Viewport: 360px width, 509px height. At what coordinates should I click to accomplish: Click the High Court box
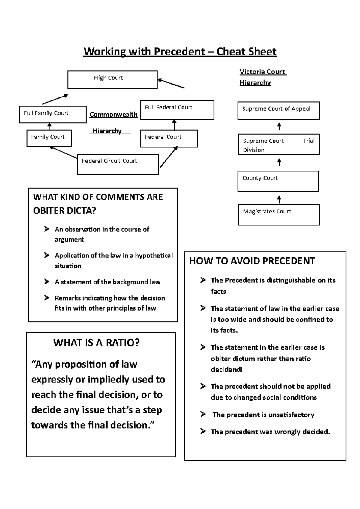(x=112, y=80)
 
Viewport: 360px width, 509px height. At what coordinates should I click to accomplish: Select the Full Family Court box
(x=53, y=114)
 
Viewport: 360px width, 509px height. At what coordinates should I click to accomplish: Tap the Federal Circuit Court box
(x=118, y=165)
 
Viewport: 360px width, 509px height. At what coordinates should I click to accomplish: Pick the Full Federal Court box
(x=177, y=110)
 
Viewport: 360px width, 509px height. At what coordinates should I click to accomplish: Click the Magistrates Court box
(x=279, y=215)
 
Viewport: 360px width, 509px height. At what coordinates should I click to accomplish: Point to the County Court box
(x=278, y=181)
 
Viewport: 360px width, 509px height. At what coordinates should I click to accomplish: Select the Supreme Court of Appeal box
(x=278, y=111)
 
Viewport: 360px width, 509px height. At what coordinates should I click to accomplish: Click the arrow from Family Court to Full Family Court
(x=50, y=126)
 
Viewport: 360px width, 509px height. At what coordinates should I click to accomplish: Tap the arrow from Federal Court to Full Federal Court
(x=174, y=125)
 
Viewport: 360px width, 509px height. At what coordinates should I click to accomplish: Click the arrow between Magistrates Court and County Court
(x=279, y=199)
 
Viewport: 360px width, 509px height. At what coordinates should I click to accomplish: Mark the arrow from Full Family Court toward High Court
(x=55, y=100)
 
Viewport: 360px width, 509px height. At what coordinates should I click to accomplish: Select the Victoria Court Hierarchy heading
(x=263, y=77)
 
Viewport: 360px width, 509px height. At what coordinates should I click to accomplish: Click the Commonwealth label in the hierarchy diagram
(x=113, y=115)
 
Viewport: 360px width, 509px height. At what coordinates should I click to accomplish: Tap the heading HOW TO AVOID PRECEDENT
(x=252, y=261)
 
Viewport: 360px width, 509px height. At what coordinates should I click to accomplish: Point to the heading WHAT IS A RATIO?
(x=96, y=343)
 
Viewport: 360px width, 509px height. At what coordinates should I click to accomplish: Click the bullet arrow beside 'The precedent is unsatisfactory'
(x=203, y=414)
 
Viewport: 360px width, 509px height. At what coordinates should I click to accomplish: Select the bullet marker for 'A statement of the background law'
(x=47, y=281)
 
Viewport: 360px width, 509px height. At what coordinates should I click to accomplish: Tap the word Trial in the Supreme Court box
(x=309, y=141)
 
